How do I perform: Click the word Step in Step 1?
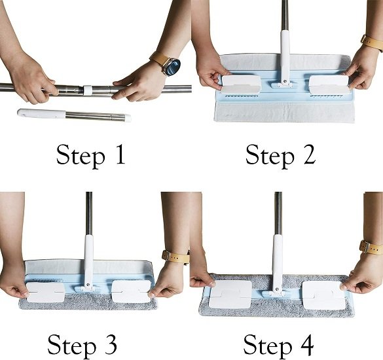pos(77,156)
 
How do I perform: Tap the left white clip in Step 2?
pos(241,84)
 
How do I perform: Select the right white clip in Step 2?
pos(328,84)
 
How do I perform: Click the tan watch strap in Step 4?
pos(370,248)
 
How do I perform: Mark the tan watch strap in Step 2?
pos(373,43)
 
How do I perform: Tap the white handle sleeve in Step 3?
pos(88,259)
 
